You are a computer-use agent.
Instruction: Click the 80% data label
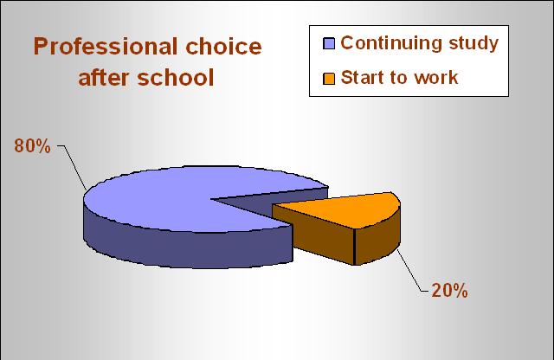click(32, 146)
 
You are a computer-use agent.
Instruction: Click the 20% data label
click(449, 291)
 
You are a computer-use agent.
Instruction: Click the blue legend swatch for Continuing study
click(329, 43)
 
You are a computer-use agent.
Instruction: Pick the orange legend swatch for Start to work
click(329, 79)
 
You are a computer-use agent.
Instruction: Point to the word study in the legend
click(473, 44)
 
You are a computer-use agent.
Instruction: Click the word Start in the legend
click(362, 77)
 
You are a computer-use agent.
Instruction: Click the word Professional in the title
click(106, 47)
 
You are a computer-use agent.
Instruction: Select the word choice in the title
click(223, 47)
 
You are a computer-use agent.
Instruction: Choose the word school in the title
click(176, 78)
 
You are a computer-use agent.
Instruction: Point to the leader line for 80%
click(73, 168)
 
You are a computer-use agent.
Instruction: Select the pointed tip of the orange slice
click(274, 206)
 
